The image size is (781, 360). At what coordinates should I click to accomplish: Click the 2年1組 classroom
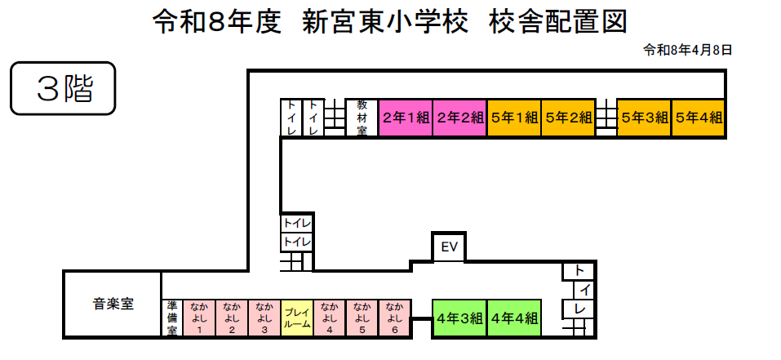(406, 118)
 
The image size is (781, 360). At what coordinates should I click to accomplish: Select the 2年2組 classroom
(459, 118)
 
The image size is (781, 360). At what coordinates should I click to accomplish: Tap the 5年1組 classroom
(514, 118)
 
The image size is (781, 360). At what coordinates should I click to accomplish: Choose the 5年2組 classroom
(568, 118)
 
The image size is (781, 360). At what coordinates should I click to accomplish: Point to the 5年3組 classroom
(644, 118)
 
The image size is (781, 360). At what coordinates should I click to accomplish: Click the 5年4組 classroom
(699, 118)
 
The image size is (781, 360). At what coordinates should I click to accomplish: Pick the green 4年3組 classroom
(459, 318)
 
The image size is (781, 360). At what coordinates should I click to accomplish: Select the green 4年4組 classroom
(514, 318)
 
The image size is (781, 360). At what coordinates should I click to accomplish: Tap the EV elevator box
(448, 247)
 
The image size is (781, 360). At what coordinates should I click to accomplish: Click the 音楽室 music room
(113, 304)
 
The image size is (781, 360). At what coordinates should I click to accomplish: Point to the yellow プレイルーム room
(296, 318)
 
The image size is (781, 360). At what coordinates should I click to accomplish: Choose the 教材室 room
(362, 118)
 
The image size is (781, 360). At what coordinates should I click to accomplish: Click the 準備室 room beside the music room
(172, 318)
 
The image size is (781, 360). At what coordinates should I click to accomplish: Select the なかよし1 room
(198, 318)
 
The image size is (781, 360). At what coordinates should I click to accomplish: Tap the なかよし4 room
(329, 318)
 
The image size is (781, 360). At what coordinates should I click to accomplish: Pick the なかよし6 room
(394, 318)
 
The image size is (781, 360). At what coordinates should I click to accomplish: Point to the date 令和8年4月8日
(688, 50)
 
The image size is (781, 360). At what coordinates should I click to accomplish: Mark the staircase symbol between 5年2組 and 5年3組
(606, 118)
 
